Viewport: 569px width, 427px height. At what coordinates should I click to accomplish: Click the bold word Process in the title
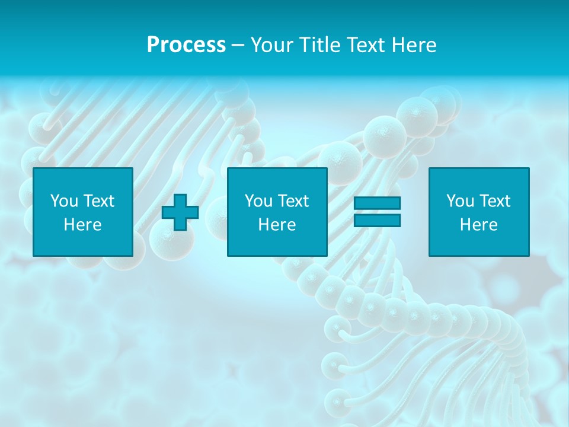[186, 45]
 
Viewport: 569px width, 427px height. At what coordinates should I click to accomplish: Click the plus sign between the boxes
[180, 212]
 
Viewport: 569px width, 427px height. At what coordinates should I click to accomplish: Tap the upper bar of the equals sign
[377, 203]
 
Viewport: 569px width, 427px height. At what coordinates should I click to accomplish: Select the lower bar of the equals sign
[377, 221]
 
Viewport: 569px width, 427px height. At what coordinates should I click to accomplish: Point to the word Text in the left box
[98, 201]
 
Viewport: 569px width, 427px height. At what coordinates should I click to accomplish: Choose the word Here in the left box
[82, 225]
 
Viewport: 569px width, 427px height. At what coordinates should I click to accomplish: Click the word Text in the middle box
[293, 201]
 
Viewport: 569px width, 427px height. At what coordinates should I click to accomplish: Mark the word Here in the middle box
[277, 225]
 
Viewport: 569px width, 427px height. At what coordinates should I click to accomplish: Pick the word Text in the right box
[494, 201]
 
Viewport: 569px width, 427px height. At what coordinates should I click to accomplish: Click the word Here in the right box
[478, 225]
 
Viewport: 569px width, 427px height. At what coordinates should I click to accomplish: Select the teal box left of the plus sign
[82, 243]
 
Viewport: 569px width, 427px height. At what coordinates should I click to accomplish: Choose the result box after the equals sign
[478, 243]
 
